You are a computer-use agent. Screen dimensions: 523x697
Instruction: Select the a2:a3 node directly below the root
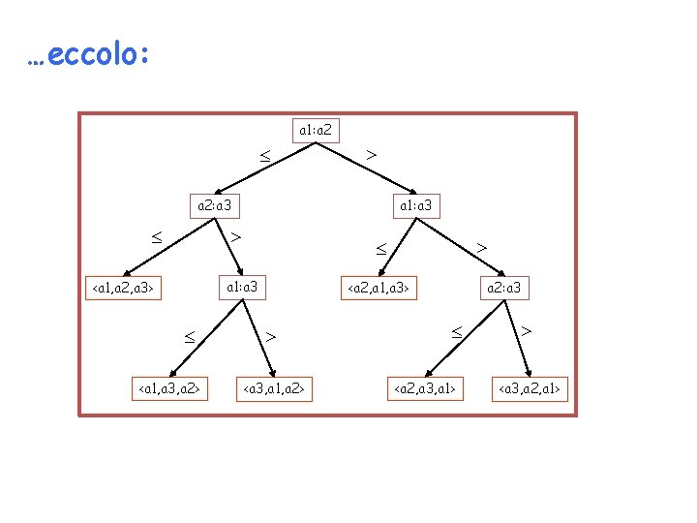tap(213, 205)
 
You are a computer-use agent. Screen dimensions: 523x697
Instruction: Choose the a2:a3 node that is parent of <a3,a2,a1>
tap(504, 288)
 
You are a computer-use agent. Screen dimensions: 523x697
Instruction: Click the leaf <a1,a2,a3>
tap(123, 288)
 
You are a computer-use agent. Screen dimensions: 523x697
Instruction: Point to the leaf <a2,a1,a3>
tap(381, 288)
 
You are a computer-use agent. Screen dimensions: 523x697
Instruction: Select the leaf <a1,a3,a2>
tap(170, 389)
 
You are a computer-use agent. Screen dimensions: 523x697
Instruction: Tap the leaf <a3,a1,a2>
tap(274, 389)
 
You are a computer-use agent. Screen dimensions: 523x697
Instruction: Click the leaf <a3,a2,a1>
tap(530, 389)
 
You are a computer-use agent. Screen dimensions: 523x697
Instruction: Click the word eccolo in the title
tap(96, 55)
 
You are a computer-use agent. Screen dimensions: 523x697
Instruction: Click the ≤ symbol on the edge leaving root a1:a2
tap(264, 154)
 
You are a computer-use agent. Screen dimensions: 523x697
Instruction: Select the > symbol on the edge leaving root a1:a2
tap(372, 153)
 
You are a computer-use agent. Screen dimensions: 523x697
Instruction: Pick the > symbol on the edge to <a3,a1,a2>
tap(272, 336)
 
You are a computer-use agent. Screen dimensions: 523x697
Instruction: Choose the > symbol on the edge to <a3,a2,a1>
tap(527, 331)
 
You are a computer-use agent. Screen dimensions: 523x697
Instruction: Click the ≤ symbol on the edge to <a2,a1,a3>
tap(381, 248)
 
